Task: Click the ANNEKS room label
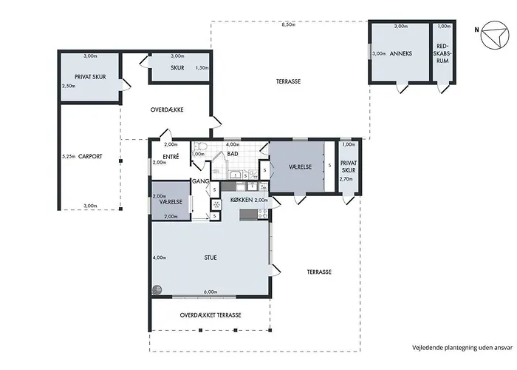click(x=400, y=53)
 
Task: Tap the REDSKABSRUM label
click(x=442, y=53)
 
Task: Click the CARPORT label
click(x=90, y=157)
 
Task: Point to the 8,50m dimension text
click(x=289, y=24)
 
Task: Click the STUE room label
click(x=210, y=258)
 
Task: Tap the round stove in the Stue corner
click(x=157, y=290)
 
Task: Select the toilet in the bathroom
click(x=200, y=147)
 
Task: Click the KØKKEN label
click(x=242, y=200)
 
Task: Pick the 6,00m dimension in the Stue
click(x=210, y=292)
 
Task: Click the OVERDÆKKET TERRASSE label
click(x=210, y=315)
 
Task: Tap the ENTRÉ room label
click(x=171, y=157)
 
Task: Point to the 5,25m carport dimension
click(x=69, y=157)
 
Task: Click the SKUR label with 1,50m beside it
click(x=177, y=68)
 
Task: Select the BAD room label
click(x=233, y=154)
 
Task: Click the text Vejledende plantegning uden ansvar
click(x=462, y=348)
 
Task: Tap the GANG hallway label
click(x=200, y=181)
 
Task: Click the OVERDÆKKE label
click(x=167, y=110)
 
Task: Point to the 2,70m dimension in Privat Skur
click(x=346, y=179)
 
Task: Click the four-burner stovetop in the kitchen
click(x=263, y=214)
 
